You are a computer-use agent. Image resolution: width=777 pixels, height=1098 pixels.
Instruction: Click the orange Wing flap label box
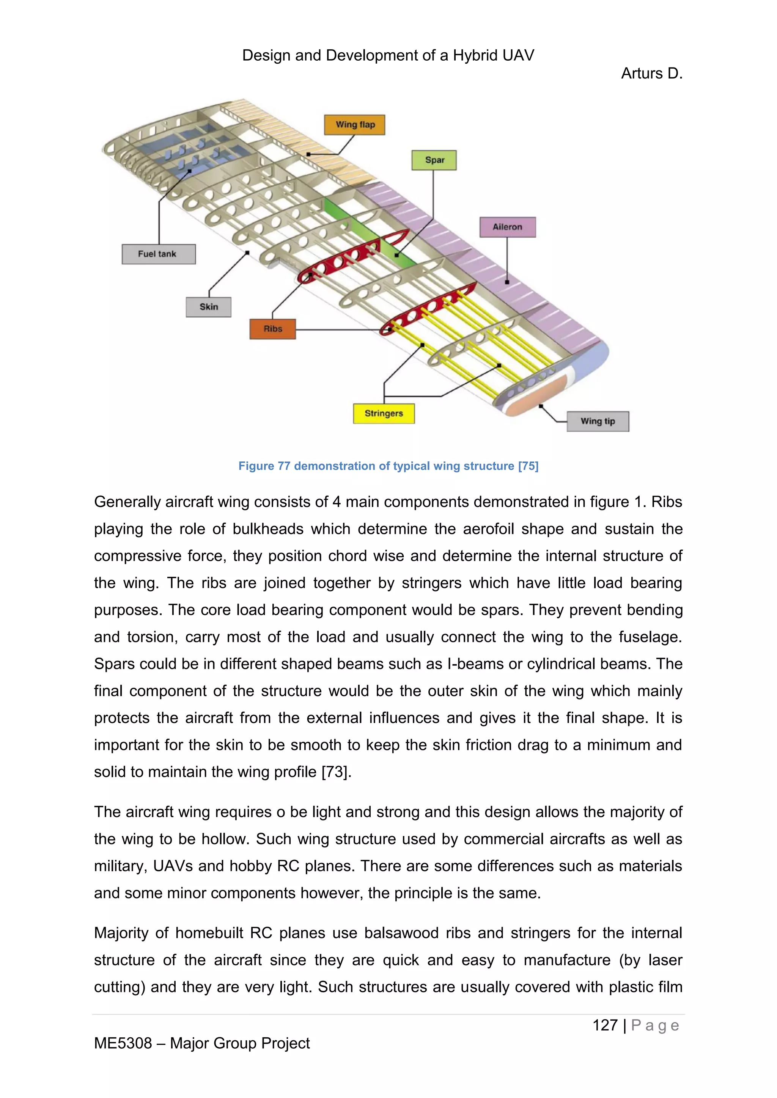click(x=354, y=125)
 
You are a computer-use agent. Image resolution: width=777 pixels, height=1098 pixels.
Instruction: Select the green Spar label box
click(x=434, y=160)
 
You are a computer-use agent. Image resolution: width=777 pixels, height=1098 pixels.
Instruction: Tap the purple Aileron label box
click(x=508, y=227)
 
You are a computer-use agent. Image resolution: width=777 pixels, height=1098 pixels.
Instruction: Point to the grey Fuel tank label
click(x=158, y=254)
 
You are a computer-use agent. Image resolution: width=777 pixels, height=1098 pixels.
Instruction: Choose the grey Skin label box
click(x=209, y=307)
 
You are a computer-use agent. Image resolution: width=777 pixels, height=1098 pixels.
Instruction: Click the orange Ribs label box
click(x=273, y=329)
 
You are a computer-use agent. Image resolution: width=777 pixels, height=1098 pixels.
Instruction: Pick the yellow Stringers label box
click(x=384, y=414)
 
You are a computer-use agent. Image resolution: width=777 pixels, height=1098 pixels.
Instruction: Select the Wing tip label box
click(x=598, y=421)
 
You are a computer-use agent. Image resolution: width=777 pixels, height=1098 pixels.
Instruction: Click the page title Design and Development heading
click(x=388, y=55)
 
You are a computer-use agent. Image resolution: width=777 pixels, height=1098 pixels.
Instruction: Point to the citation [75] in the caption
click(x=528, y=466)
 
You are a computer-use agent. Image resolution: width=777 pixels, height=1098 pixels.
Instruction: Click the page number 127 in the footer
click(x=605, y=1025)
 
